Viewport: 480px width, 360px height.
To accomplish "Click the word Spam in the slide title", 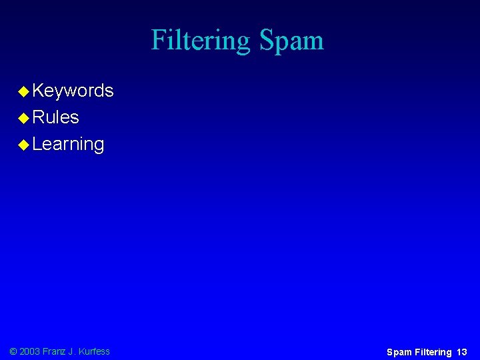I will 291,41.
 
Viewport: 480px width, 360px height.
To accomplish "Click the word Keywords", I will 73,91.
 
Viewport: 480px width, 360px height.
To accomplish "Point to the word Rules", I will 55,117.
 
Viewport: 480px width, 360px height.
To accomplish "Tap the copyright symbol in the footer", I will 13,351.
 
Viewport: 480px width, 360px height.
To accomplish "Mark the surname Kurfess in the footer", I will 95,351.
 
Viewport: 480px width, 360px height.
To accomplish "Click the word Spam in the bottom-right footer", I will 399,352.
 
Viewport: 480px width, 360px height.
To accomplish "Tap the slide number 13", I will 462,352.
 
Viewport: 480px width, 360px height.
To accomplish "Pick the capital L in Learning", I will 37,144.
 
